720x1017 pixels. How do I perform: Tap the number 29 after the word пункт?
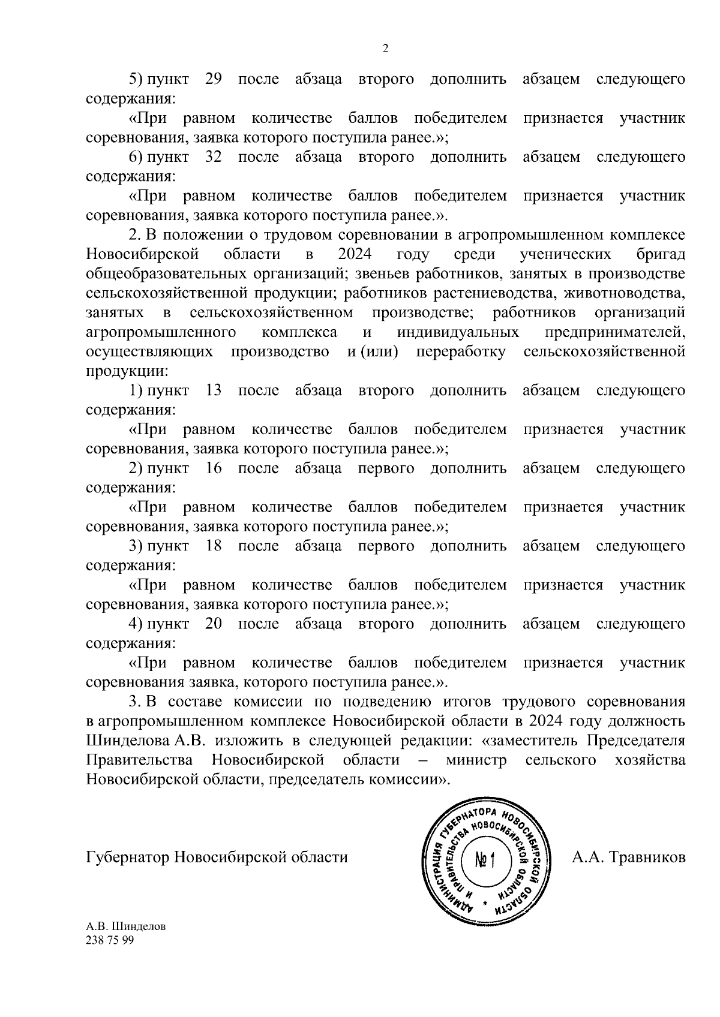(214, 79)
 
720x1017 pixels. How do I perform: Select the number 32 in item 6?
(214, 157)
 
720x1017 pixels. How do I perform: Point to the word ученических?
(565, 254)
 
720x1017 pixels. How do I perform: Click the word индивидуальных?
(458, 332)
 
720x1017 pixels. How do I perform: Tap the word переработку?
(460, 351)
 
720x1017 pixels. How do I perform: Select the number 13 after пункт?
(214, 390)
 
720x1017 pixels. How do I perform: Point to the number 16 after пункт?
(214, 468)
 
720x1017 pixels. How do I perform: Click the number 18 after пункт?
(214, 546)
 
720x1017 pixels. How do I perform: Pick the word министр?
(476, 760)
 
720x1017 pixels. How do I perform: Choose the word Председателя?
(635, 741)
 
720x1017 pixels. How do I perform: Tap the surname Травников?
(647, 857)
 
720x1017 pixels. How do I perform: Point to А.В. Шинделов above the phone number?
(126, 926)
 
